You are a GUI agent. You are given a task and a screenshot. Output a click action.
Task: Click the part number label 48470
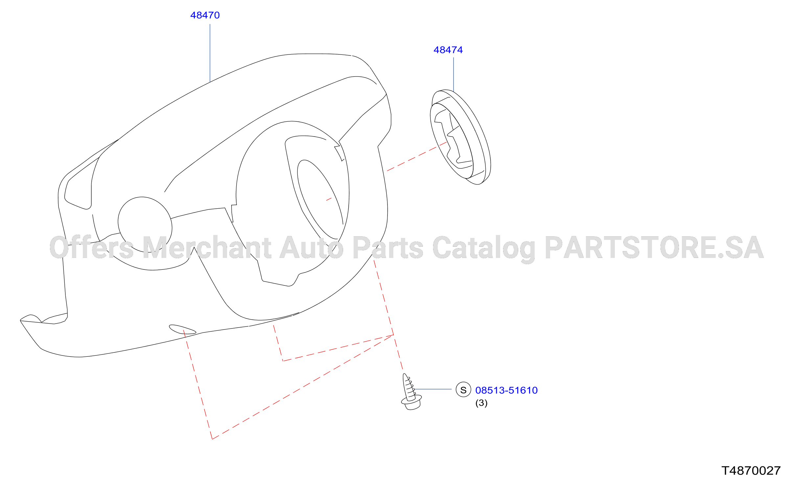point(205,15)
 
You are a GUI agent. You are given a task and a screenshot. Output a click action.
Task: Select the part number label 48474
point(448,50)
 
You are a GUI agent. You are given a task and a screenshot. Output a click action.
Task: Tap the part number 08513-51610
point(506,390)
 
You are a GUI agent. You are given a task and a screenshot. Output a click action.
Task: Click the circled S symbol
point(463,390)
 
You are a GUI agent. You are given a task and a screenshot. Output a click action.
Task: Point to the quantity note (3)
point(481,403)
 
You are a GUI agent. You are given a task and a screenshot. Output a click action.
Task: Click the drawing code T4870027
point(751,471)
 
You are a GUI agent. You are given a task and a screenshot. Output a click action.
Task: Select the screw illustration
point(411,392)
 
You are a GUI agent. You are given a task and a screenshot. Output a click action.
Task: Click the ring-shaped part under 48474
point(460,137)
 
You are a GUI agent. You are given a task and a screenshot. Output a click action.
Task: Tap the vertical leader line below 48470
point(210,53)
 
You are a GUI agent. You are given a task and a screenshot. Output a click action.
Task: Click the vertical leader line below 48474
point(453,74)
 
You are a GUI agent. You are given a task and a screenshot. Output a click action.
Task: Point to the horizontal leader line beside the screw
point(433,389)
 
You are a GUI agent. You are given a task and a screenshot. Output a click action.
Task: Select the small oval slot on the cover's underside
point(182,329)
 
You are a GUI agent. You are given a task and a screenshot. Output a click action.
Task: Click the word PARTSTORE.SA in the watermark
point(654,247)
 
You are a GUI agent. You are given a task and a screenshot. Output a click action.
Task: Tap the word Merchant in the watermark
point(207,247)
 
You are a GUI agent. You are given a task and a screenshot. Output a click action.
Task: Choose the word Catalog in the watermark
point(484,249)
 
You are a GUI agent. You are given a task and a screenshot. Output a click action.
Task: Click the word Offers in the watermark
point(92,247)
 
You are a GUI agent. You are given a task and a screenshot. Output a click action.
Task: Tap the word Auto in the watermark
point(312,247)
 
